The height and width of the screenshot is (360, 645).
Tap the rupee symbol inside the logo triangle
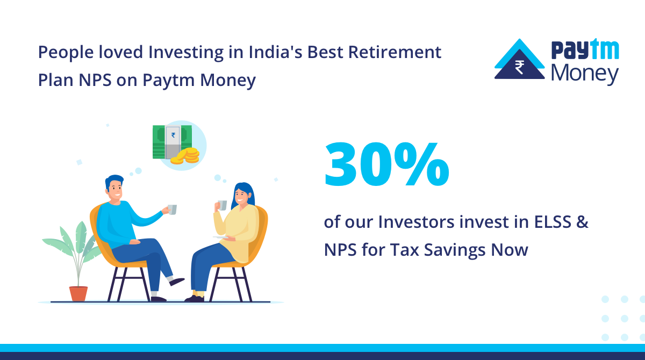519,67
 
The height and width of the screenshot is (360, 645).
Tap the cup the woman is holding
221,205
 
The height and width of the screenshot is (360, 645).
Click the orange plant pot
78,293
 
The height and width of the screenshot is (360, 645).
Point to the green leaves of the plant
73,247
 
